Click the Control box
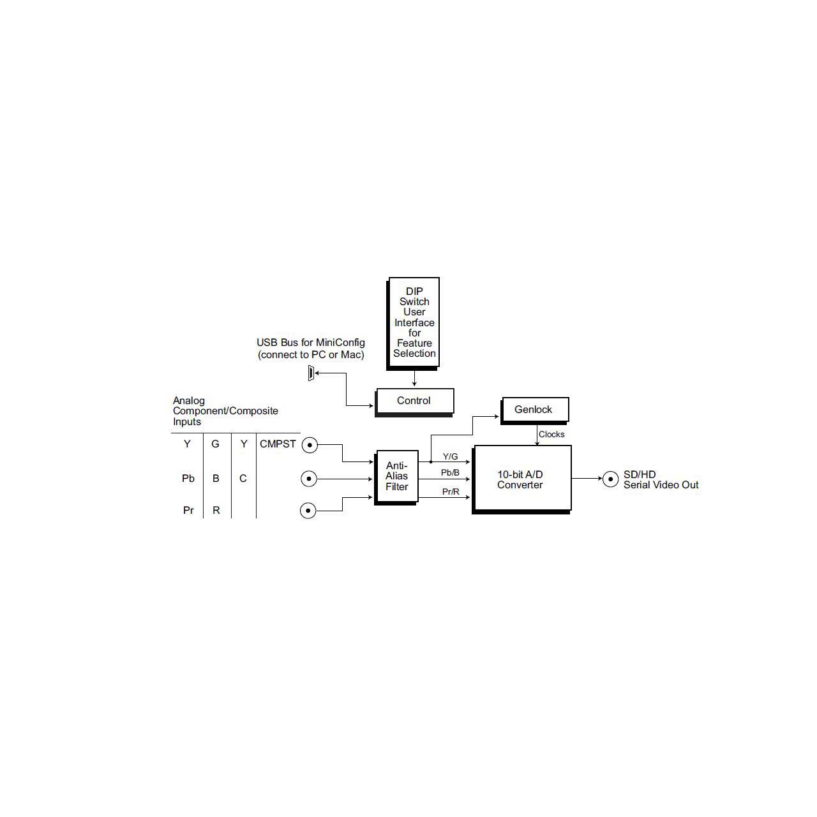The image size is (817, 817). pos(414,401)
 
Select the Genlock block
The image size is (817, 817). pos(535,410)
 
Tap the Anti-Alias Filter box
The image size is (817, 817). pos(397,477)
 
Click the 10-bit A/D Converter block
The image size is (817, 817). pos(521,479)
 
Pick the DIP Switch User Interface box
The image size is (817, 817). pos(414,323)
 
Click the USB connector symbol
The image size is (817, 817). pos(311,373)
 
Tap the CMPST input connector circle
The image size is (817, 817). pos(310,445)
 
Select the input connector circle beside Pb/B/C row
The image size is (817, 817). pos(309,479)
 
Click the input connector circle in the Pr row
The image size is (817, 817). pos(308,511)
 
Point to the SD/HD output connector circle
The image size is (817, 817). pos(610,479)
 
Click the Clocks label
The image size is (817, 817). pos(551,434)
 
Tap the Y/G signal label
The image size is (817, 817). pos(450,456)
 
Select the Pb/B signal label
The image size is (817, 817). pos(450,472)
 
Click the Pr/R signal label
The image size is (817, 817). pos(451,491)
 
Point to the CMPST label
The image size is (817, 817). pos(278,444)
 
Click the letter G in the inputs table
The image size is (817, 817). pos(215,444)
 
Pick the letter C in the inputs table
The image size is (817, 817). pos(243,478)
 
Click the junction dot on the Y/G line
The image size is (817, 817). pos(431,461)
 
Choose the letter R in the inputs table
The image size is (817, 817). pos(216,510)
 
